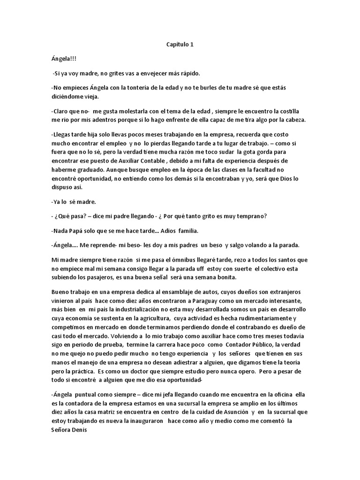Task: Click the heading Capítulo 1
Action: click(x=180, y=45)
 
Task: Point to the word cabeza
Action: click(x=293, y=120)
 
